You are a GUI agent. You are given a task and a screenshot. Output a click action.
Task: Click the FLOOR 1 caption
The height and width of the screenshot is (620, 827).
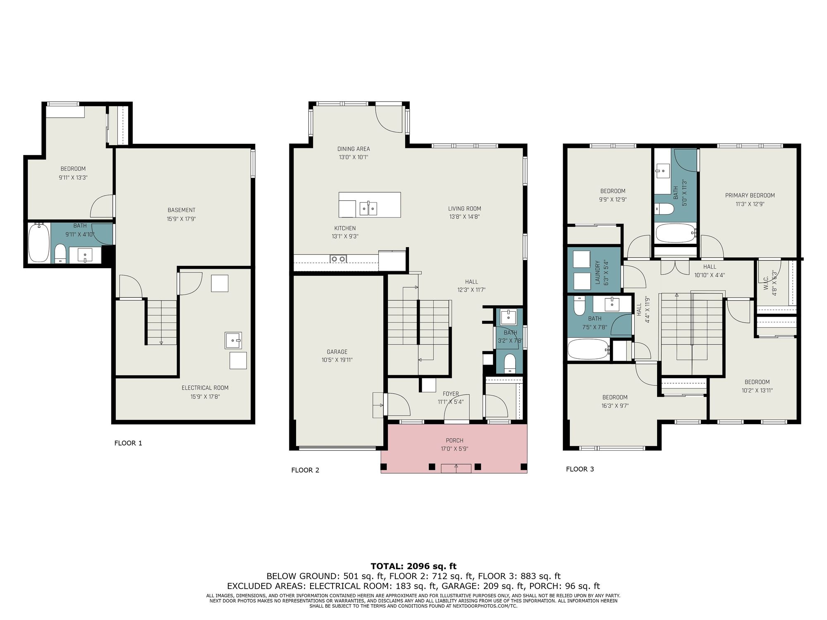128,443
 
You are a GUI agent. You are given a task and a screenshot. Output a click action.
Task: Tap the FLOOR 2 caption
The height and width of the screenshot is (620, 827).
305,470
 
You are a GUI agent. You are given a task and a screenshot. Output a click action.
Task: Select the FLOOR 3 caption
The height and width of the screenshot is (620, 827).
580,469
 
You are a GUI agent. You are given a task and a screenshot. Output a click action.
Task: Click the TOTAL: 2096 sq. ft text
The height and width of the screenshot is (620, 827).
413,566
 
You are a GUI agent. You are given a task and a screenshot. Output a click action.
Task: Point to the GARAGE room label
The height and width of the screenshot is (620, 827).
337,352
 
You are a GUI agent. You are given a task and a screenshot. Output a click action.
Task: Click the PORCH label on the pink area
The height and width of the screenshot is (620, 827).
454,441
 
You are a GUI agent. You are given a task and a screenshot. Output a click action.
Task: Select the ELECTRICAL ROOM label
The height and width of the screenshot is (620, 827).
205,388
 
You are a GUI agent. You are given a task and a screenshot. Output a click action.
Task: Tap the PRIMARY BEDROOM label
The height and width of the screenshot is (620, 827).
750,196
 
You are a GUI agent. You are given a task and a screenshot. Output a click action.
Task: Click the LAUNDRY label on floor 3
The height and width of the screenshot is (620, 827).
597,272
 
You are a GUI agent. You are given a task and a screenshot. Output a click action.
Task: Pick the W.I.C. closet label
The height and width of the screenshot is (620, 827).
766,283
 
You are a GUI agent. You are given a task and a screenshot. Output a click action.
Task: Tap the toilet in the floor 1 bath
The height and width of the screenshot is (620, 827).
60,253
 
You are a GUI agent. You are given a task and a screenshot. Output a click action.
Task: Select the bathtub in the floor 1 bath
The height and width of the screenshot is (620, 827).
39,243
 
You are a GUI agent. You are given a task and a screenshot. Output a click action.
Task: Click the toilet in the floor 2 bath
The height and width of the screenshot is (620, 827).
510,363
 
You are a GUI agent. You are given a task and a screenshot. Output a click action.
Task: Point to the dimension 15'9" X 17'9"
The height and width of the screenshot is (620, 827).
181,219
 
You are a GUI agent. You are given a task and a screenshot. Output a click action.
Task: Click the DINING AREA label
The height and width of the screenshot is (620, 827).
354,149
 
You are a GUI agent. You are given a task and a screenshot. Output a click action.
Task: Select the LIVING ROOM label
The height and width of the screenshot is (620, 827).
464,209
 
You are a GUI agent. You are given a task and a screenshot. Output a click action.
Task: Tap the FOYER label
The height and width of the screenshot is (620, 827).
451,394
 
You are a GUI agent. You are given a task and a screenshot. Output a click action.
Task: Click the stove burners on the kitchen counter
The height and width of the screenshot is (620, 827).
338,259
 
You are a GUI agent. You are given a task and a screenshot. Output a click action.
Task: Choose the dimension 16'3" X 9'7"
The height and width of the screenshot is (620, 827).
615,406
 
